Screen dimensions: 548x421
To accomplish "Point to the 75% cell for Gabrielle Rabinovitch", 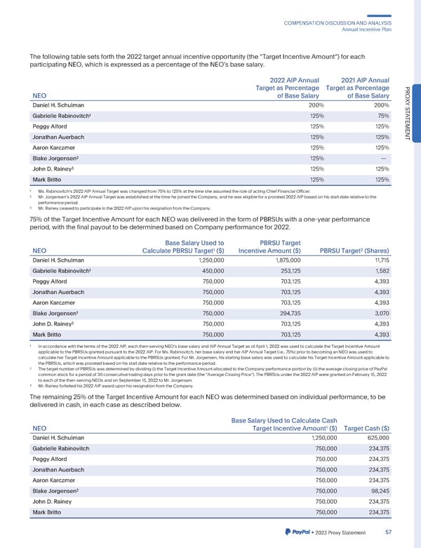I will click(383, 116).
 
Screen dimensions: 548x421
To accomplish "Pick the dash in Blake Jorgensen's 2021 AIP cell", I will click(385, 158).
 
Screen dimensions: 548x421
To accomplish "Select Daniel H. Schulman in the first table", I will click(62, 105).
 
